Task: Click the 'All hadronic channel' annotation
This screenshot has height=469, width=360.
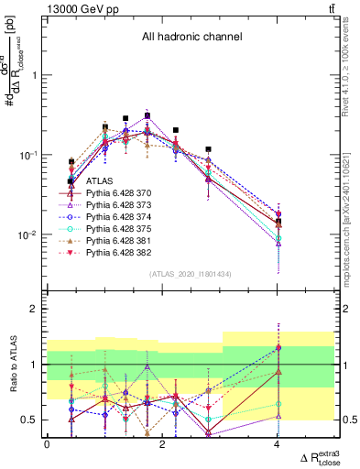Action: point(191,38)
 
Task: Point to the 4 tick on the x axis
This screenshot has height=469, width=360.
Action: point(277,444)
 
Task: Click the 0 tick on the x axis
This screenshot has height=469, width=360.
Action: point(47,444)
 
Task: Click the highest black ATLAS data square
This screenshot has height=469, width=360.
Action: point(147,116)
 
